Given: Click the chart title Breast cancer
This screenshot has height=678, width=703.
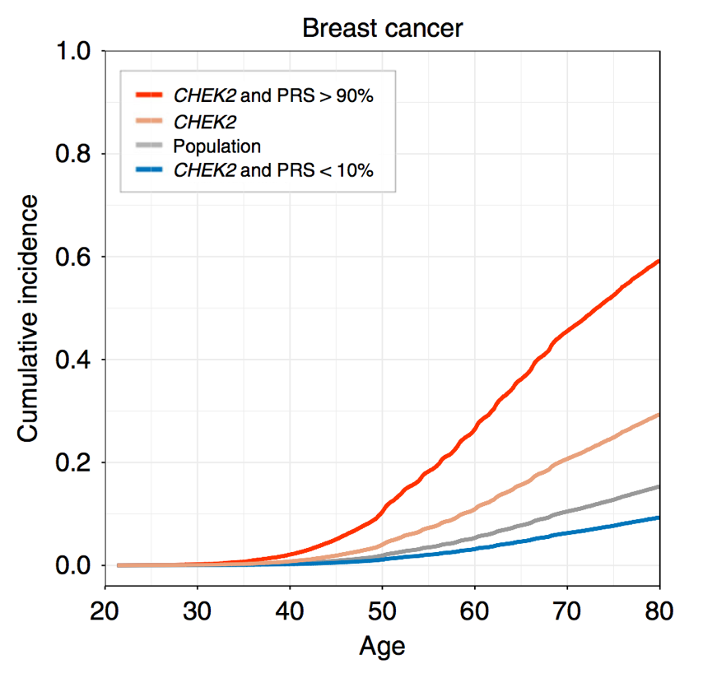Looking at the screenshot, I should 382,28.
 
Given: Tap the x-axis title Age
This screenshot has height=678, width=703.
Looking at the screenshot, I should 382,647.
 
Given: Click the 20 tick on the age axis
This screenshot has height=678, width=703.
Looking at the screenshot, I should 105,611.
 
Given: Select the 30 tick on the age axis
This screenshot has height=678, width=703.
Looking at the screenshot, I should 198,611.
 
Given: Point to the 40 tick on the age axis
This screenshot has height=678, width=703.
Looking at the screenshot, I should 290,611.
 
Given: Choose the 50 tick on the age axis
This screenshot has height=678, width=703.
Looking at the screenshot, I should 382,611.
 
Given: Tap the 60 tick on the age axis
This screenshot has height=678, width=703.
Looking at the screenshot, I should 475,611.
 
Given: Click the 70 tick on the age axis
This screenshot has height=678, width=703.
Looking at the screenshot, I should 567,611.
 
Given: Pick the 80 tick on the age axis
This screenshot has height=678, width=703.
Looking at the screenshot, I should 659,611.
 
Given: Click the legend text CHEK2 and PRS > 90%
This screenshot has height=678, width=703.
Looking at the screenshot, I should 273,95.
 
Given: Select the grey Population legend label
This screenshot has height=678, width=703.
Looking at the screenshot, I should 216,146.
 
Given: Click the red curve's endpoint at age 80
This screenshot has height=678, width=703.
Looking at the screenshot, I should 659,261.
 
